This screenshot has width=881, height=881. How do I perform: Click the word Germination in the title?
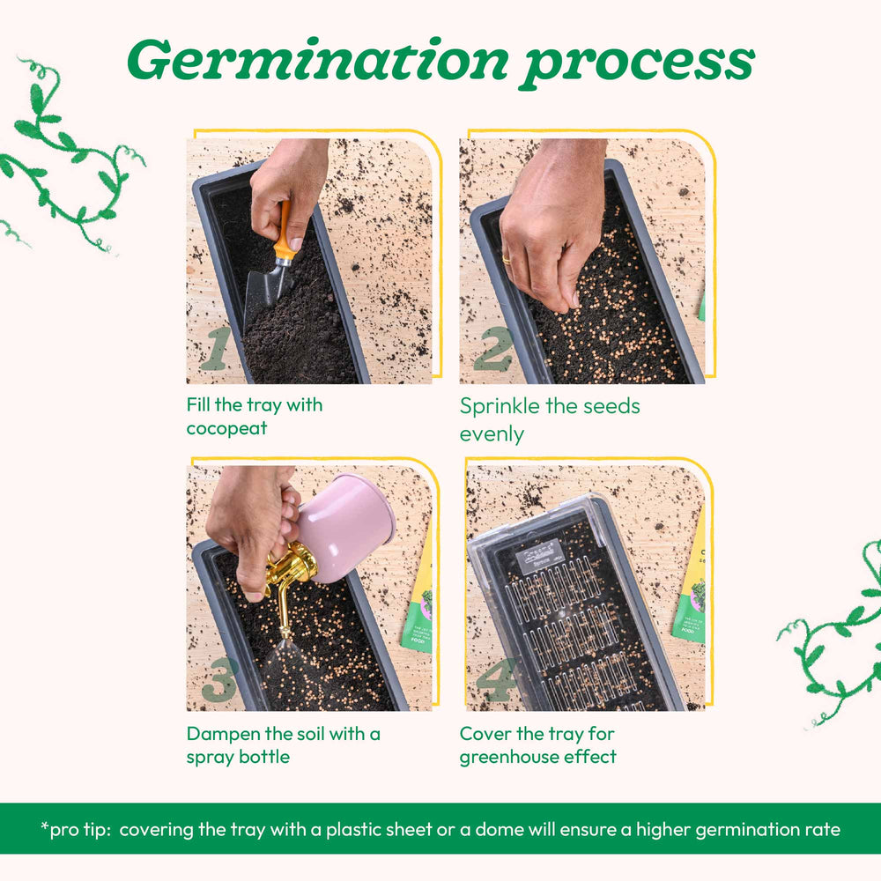point(318,60)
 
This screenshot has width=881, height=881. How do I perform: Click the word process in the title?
point(637,65)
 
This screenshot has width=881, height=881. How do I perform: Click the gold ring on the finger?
point(507,259)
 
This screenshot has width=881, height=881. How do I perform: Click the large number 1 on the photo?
point(217,348)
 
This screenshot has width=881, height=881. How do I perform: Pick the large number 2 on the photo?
point(492,349)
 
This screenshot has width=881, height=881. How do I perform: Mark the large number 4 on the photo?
point(496,679)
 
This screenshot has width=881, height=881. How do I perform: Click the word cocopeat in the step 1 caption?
point(226,428)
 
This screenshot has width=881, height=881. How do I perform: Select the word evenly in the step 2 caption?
point(492,434)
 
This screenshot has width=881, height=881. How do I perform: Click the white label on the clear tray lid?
point(538,556)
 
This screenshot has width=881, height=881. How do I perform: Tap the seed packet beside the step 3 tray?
point(418,596)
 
